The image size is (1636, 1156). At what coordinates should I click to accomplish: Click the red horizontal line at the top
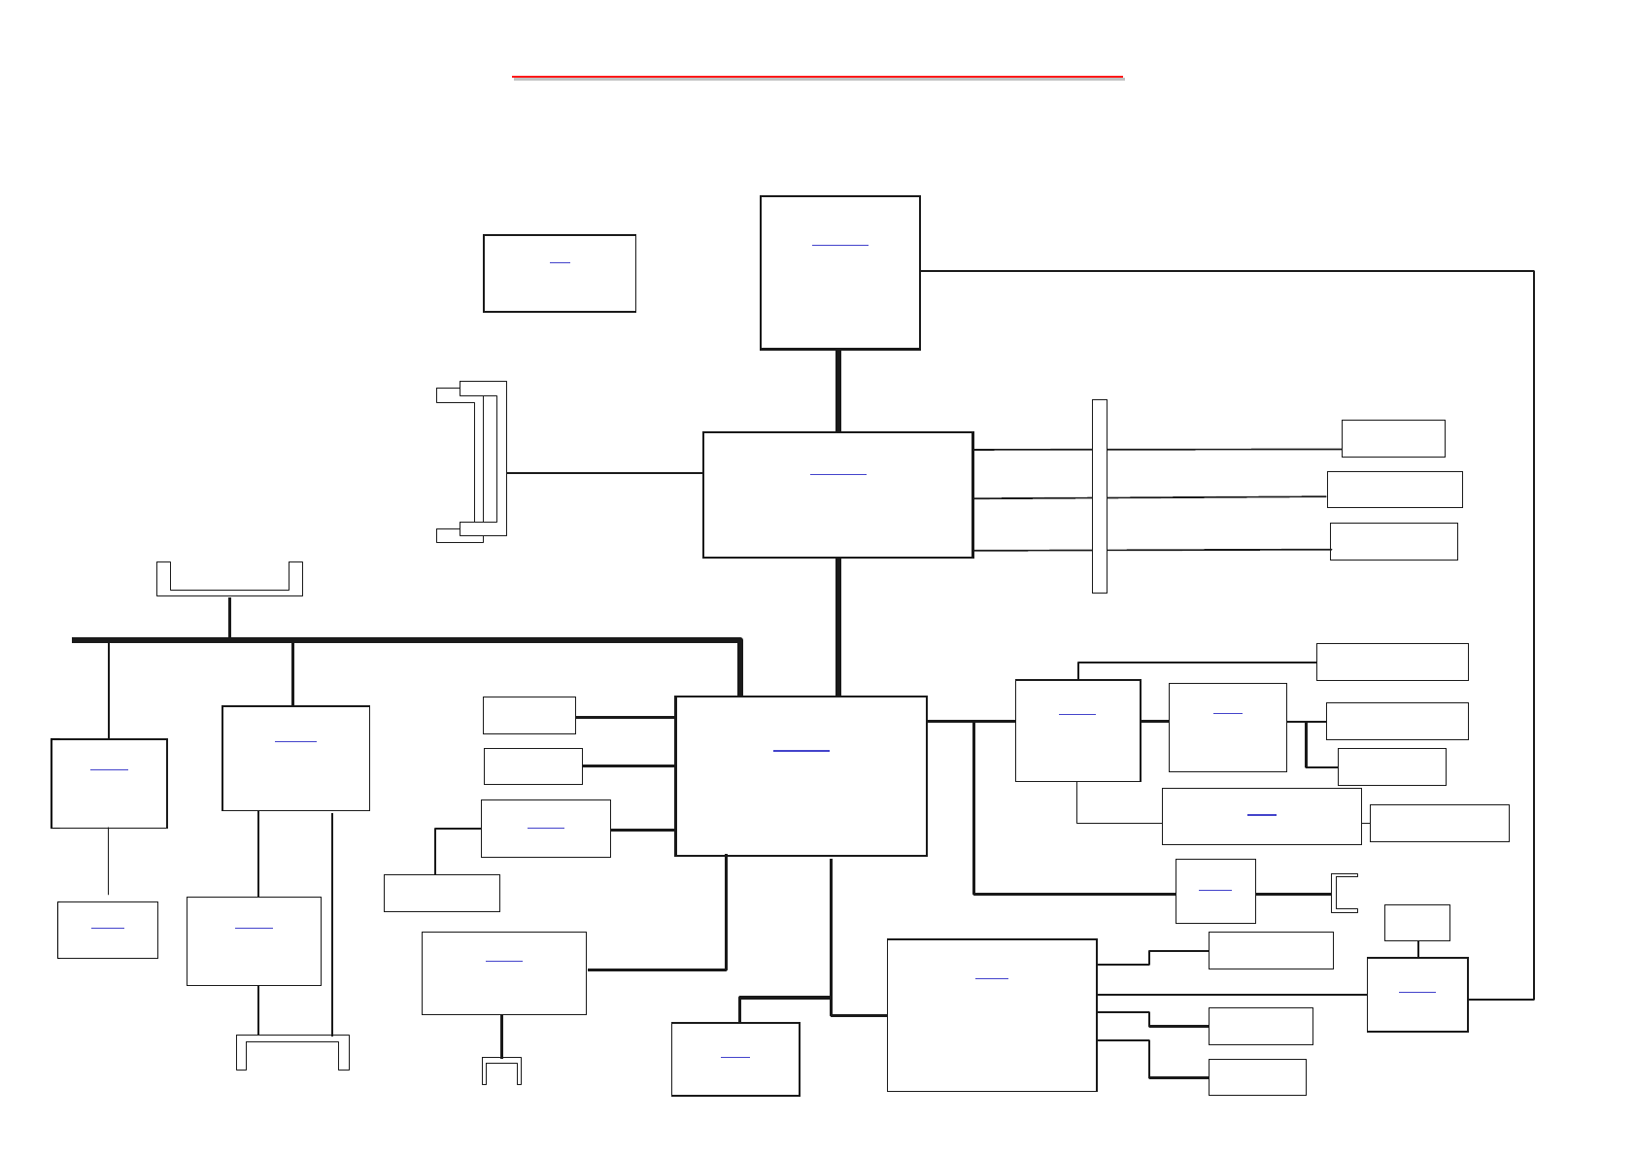[x=817, y=75]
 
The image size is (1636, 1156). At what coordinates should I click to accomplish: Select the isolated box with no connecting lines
[x=559, y=287]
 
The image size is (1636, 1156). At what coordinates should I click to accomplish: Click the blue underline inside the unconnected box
[x=560, y=262]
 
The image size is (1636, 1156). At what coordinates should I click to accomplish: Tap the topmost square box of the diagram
[x=839, y=291]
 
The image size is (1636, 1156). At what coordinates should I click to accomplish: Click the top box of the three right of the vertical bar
[x=1392, y=438]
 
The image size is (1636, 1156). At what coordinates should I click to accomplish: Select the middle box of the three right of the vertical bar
[x=1394, y=490]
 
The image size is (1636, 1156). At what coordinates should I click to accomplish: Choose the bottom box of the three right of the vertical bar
[x=1393, y=541]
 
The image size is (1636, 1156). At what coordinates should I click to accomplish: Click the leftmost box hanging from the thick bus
[x=109, y=797]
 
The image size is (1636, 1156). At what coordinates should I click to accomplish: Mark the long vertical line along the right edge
[x=1533, y=631]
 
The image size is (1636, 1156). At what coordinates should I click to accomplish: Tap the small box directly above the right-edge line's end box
[x=1416, y=922]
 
